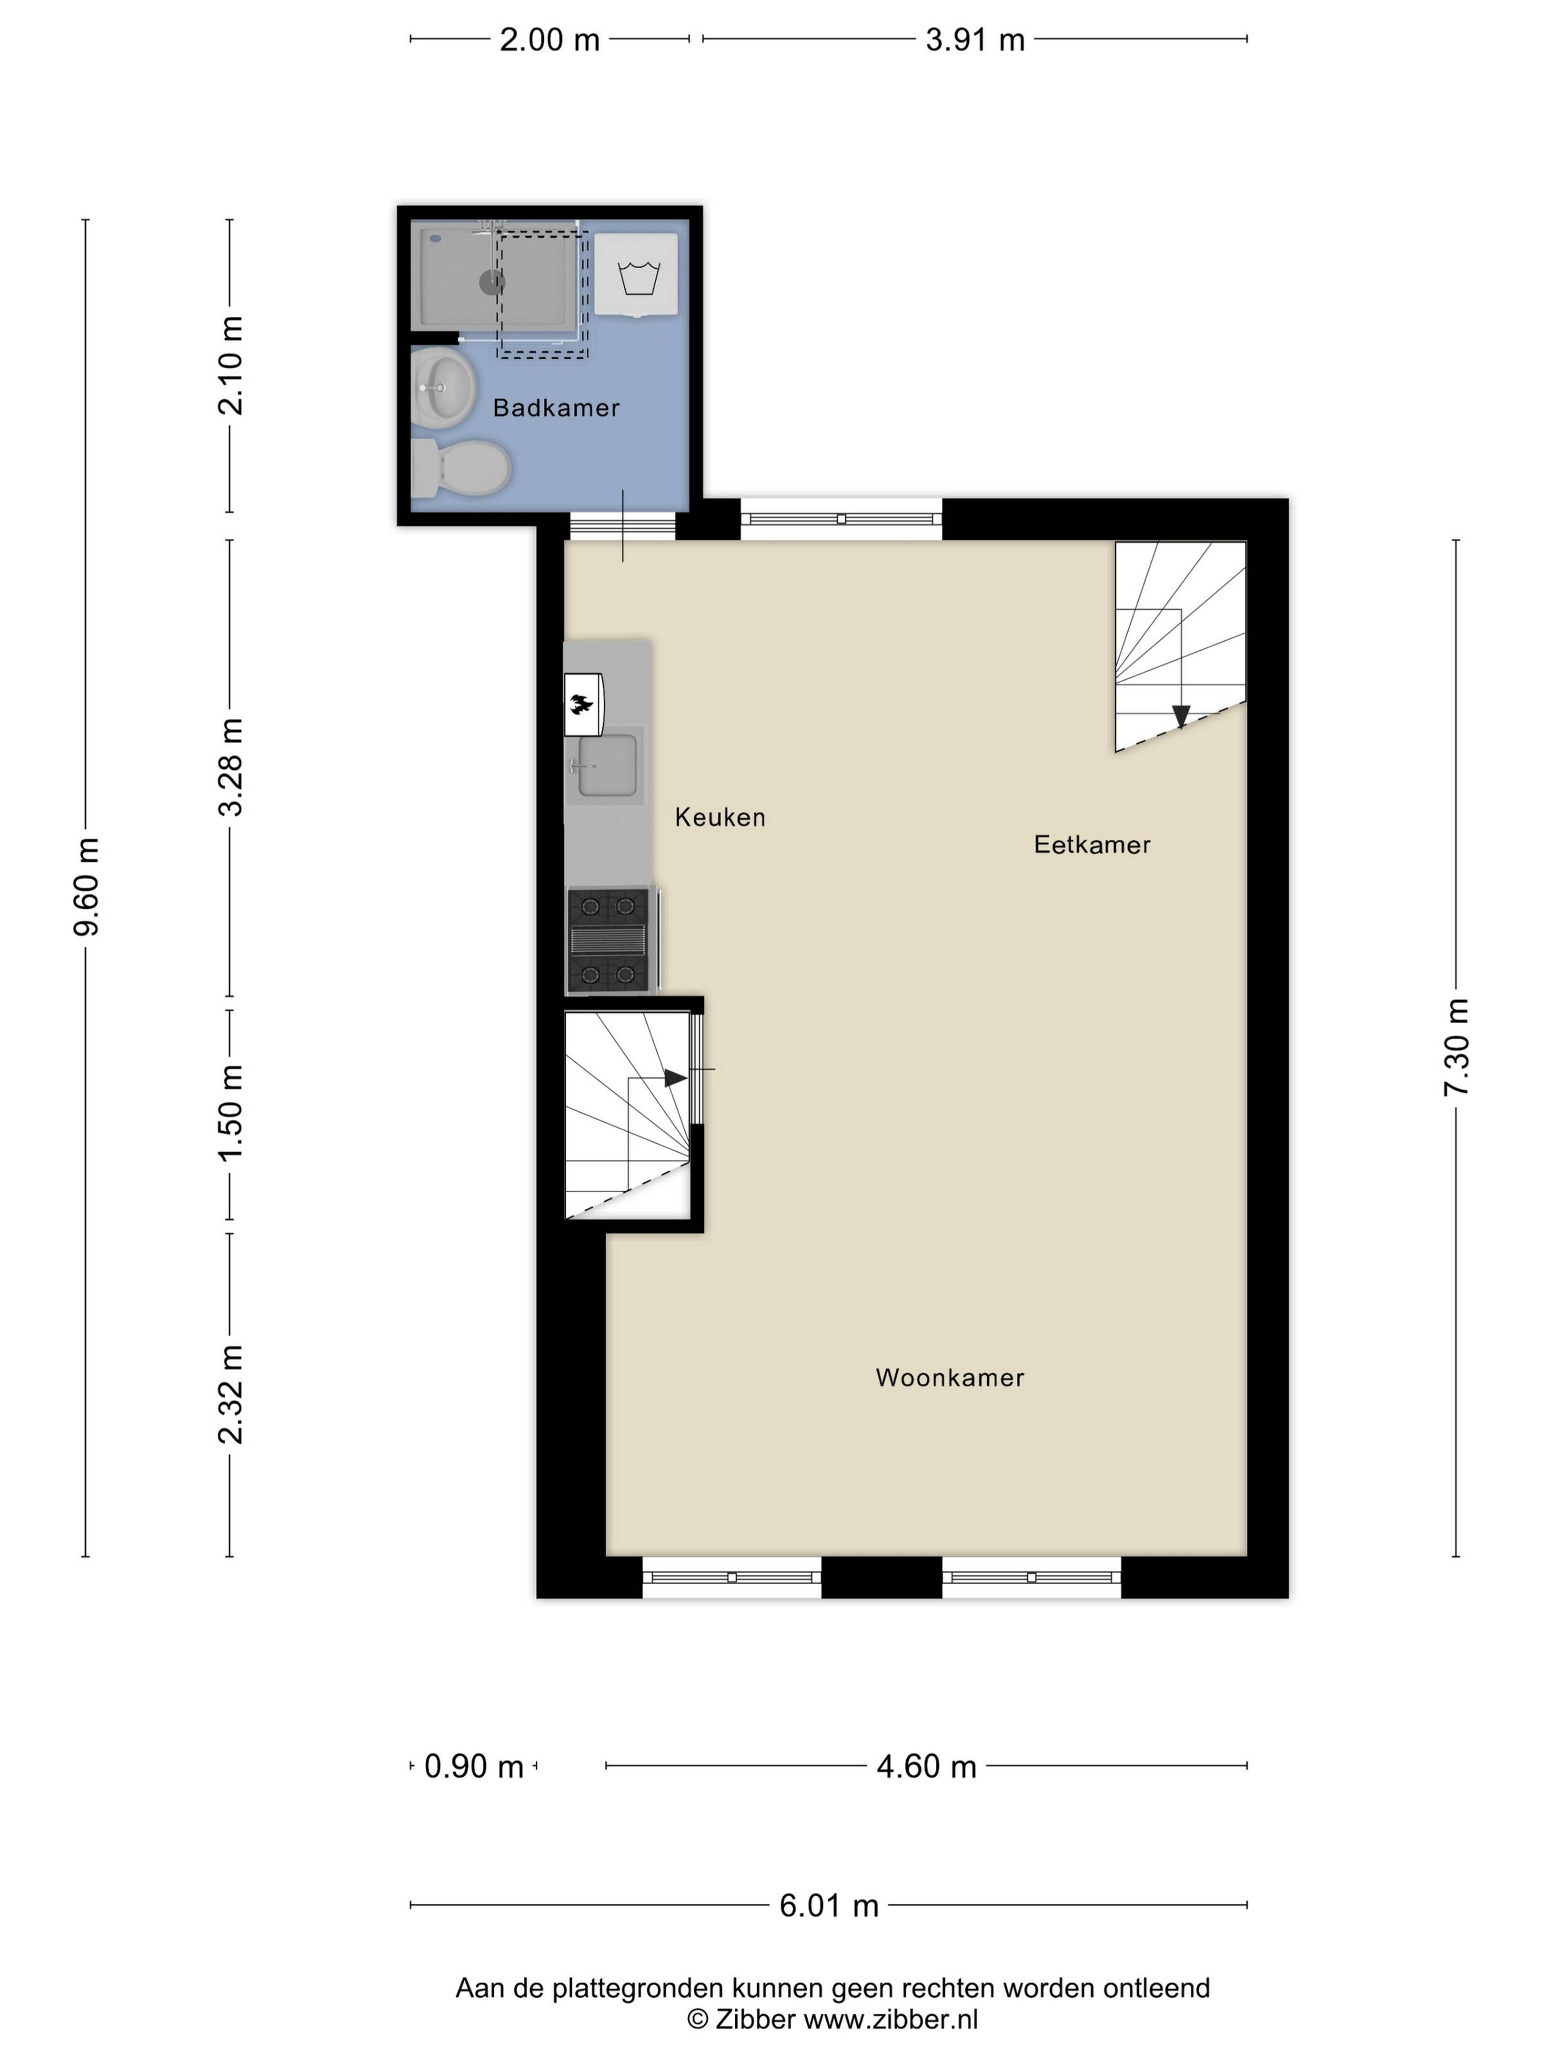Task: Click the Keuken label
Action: click(x=720, y=817)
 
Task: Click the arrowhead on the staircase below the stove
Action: click(x=676, y=1078)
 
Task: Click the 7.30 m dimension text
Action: click(x=1456, y=1048)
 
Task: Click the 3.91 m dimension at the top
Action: click(x=975, y=40)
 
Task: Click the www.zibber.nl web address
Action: click(x=890, y=2020)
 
